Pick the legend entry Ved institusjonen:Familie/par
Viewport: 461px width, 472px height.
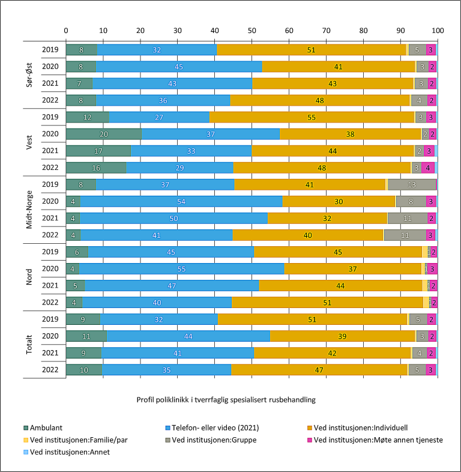pyautogui.click(x=71, y=440)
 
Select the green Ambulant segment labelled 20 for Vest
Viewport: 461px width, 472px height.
pyautogui.click(x=103, y=133)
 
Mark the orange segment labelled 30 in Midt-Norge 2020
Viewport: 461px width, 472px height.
pyautogui.click(x=339, y=201)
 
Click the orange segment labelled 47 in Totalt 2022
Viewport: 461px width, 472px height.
pyautogui.click(x=319, y=370)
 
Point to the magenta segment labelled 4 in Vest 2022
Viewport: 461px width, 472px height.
pyautogui.click(x=427, y=168)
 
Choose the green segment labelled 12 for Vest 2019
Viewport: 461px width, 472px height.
pyautogui.click(x=87, y=116)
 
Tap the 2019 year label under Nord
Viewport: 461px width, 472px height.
pyautogui.click(x=51, y=252)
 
